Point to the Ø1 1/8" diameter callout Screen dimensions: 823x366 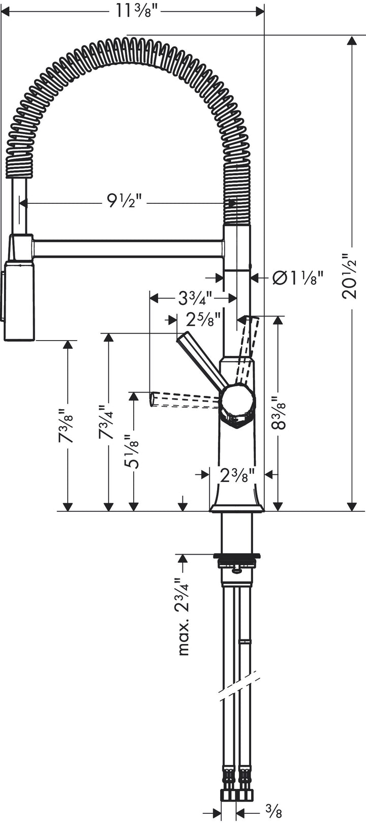pos(298,278)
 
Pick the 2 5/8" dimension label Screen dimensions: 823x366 pos(203,320)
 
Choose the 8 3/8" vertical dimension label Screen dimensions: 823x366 pos(278,413)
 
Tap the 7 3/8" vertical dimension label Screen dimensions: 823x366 pos(67,425)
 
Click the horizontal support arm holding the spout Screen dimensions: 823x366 pos(127,249)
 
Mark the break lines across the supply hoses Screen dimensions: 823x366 pos(239,686)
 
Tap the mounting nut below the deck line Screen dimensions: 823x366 pos(238,563)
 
